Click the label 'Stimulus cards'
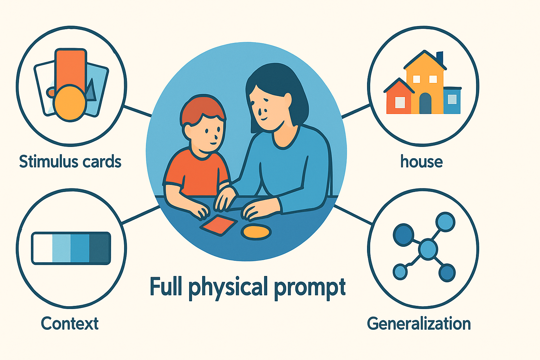(70, 162)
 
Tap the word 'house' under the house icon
(422, 162)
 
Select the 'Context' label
(70, 323)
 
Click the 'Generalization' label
(419, 323)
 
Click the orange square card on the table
(219, 225)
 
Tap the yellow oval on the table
(256, 232)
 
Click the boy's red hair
(202, 107)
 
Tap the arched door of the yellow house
(425, 103)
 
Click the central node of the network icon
(428, 249)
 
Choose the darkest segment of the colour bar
(99, 248)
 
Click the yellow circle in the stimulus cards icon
(70, 103)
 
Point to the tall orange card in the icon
(70, 67)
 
